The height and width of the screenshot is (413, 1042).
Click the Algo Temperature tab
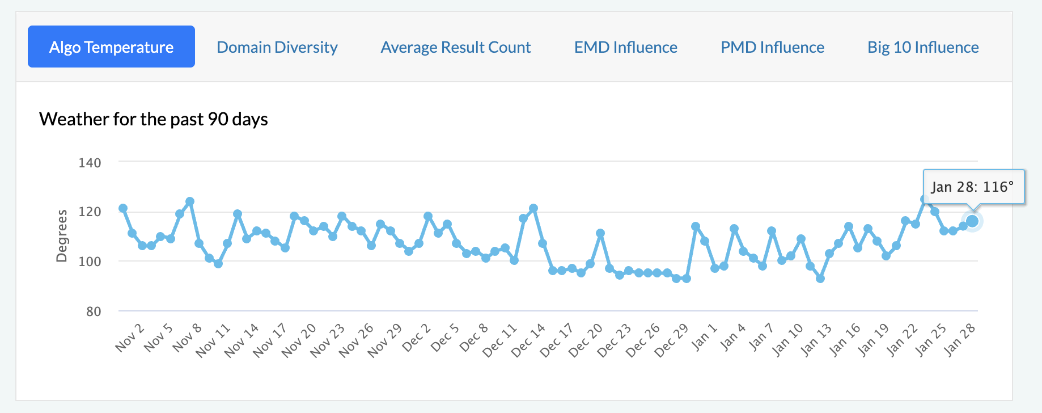111,47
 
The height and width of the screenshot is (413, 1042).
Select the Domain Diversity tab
277,47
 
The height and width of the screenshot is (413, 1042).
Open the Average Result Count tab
455,47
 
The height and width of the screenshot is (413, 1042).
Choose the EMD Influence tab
625,47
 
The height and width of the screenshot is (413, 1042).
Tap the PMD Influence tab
772,47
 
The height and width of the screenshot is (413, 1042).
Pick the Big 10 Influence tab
922,47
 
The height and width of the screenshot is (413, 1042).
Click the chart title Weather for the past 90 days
153,119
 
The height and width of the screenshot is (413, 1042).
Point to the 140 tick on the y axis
90,163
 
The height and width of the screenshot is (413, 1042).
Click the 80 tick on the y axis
94,311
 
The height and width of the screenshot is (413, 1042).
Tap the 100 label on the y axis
90,262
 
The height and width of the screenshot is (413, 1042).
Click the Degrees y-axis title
61,236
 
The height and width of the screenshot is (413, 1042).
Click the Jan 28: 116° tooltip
973,187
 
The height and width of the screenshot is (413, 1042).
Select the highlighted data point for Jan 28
972,221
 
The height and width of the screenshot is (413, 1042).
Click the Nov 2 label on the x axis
130,338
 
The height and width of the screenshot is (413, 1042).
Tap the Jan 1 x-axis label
704,336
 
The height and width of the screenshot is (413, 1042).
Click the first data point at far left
123,208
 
